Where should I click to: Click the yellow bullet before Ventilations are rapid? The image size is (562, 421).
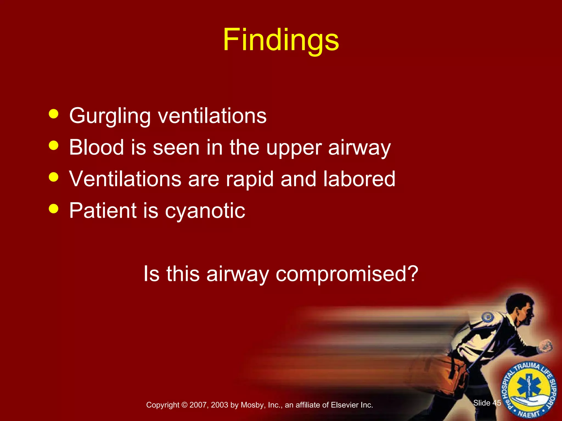coord(54,177)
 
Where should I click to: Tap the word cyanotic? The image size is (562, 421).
coord(205,211)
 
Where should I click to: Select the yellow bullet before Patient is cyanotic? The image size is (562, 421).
coord(54,208)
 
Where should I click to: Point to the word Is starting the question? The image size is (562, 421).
coord(151,274)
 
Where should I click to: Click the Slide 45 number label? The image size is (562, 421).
coord(487,403)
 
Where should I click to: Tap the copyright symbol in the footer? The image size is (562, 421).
coord(184,405)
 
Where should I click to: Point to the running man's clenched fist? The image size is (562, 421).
coord(546,346)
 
